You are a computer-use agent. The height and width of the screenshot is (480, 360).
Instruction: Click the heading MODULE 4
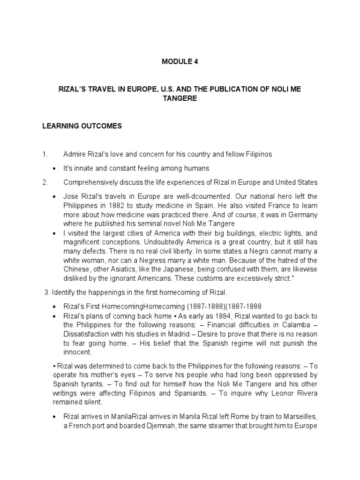tap(180, 61)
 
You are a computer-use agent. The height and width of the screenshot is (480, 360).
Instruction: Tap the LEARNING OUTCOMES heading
tap(82, 126)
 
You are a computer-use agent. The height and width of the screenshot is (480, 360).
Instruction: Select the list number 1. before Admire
tap(45, 154)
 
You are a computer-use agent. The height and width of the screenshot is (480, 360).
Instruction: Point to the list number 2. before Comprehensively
tap(45, 182)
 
